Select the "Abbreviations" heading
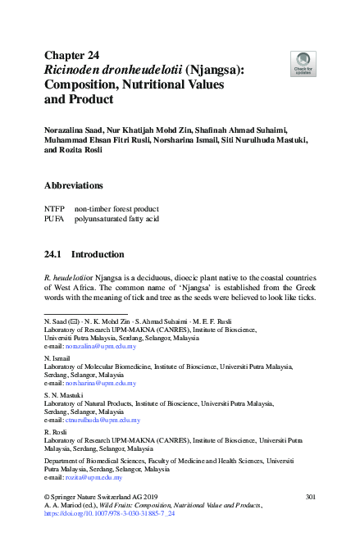point(74,185)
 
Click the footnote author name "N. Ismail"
point(57,357)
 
